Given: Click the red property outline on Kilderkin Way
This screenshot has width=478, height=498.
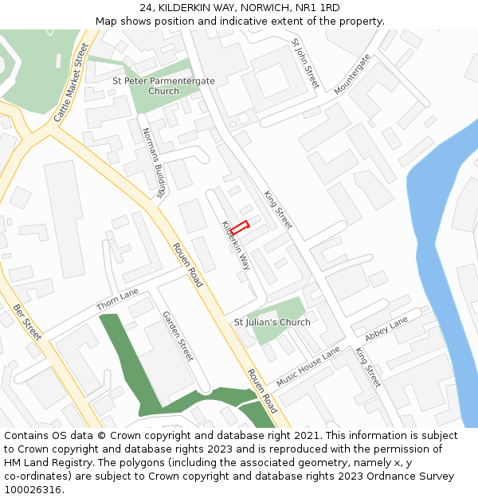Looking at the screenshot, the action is (240, 227).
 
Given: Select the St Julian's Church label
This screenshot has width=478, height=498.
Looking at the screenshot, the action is (272, 323).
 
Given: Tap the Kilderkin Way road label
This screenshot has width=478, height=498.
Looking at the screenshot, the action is (236, 245).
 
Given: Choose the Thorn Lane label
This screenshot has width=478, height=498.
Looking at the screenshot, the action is (117, 300).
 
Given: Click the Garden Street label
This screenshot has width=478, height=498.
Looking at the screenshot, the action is (178, 336).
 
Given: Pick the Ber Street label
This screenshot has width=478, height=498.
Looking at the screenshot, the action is (27, 322).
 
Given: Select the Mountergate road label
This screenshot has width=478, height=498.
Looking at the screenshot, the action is (352, 74).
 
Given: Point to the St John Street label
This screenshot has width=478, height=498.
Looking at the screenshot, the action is (305, 63).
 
